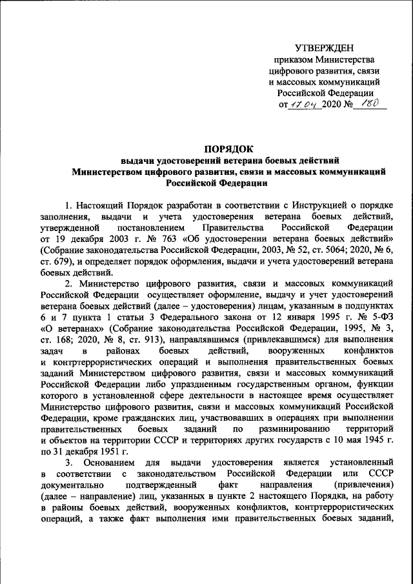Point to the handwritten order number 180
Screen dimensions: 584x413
369,103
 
